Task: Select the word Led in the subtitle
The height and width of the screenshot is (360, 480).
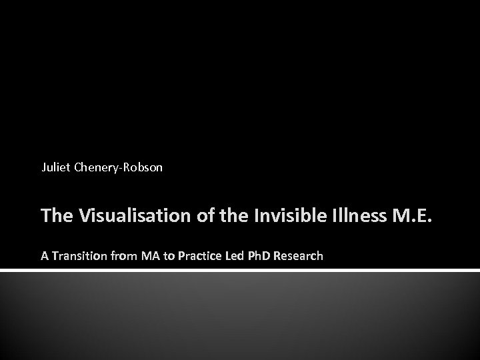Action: (x=233, y=255)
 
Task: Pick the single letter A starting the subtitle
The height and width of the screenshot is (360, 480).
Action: (x=45, y=255)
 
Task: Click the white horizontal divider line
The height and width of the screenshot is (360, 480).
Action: (x=240, y=271)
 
